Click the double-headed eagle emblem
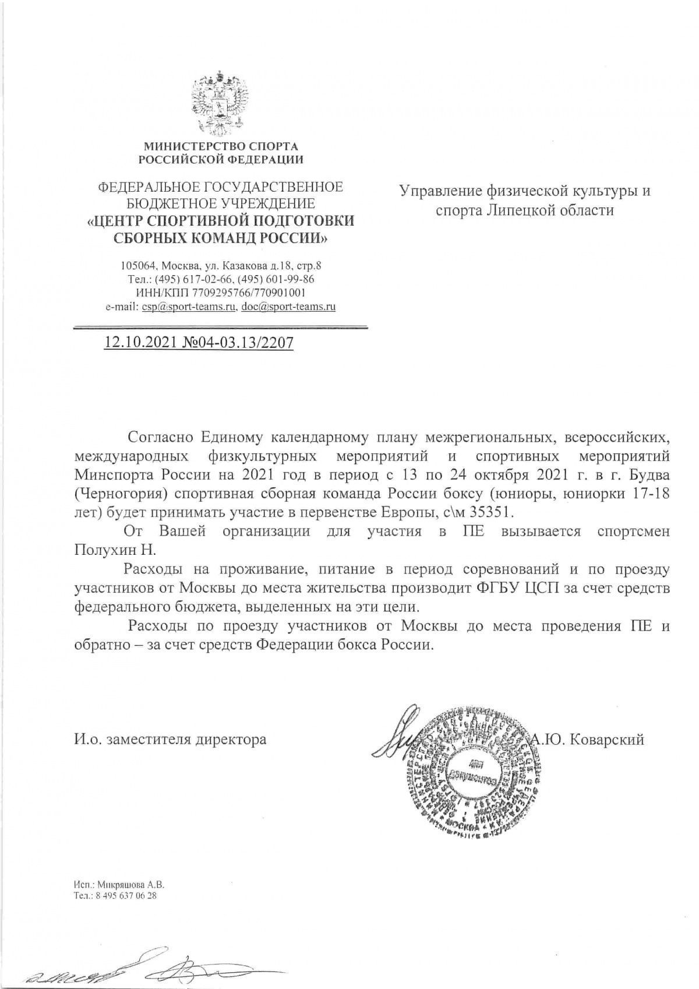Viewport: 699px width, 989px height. (x=220, y=103)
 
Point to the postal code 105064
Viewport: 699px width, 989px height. (x=136, y=266)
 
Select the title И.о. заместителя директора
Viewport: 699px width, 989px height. (x=170, y=740)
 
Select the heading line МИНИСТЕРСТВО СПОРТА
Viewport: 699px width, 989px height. (x=221, y=146)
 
